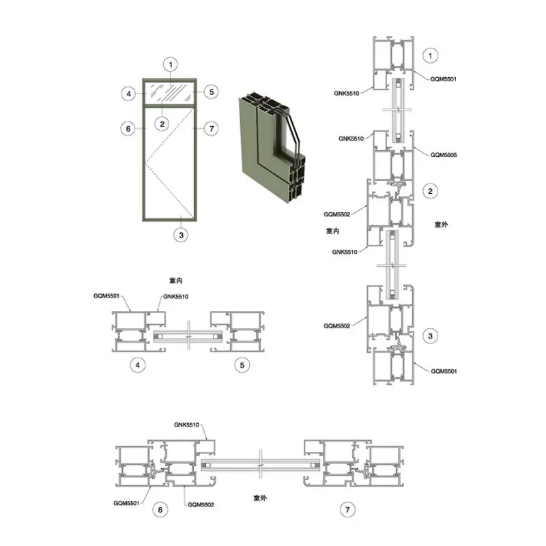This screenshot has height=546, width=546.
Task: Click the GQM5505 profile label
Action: pyautogui.click(x=443, y=155)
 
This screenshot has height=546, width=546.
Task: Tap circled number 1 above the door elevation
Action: pyautogui.click(x=170, y=64)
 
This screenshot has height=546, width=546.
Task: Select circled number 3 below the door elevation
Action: pyautogui.click(x=181, y=235)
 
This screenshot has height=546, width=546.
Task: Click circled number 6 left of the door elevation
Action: pyautogui.click(x=128, y=129)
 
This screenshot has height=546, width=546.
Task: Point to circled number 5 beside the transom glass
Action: pyautogui.click(x=212, y=92)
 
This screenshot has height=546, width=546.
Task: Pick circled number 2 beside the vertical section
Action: pyautogui.click(x=431, y=191)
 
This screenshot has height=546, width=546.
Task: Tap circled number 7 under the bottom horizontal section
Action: pyautogui.click(x=347, y=510)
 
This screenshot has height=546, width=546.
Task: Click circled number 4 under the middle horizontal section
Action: pyautogui.click(x=138, y=365)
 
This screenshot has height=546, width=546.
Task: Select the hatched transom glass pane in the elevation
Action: pyautogui.click(x=170, y=92)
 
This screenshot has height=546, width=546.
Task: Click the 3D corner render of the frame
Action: pyautogui.click(x=272, y=147)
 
